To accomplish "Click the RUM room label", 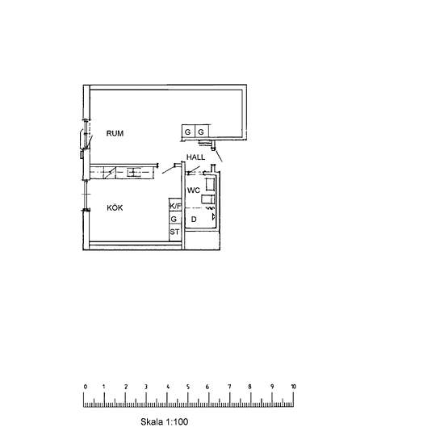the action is pyautogui.click(x=115, y=133).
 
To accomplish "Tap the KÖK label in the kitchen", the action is pyautogui.click(x=115, y=207).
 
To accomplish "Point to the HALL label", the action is pyautogui.click(x=195, y=157).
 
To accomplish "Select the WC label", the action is pyautogui.click(x=194, y=191).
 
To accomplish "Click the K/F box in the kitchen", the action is pyautogui.click(x=175, y=206).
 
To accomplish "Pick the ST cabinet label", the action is pyautogui.click(x=174, y=232).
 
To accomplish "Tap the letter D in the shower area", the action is pyautogui.click(x=194, y=219).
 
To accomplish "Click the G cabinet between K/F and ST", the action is pyautogui.click(x=174, y=219).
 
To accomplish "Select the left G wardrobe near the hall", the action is pyautogui.click(x=188, y=132).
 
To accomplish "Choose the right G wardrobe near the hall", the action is pyautogui.click(x=201, y=132).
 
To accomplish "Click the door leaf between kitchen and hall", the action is pyautogui.click(x=168, y=170).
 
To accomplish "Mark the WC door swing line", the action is pyautogui.click(x=194, y=170).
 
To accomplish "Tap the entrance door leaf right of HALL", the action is pyautogui.click(x=219, y=155).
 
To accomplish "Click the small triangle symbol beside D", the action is pyautogui.click(x=213, y=217).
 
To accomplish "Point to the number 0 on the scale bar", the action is pyautogui.click(x=86, y=387).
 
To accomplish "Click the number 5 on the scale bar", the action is pyautogui.click(x=188, y=387).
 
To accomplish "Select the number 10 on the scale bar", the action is pyautogui.click(x=293, y=387).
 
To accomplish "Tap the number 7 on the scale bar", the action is pyautogui.click(x=229, y=387).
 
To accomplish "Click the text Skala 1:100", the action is pyautogui.click(x=164, y=421).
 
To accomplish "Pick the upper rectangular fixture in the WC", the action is pyautogui.click(x=210, y=184).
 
